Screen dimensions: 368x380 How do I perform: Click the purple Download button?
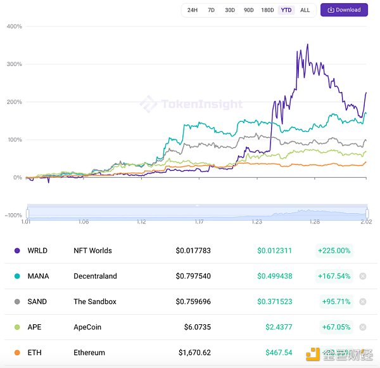pos(344,10)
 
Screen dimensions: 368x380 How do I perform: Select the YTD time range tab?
pos(286,10)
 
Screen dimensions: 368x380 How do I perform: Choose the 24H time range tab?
pos(193,10)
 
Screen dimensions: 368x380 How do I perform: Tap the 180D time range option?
pos(267,10)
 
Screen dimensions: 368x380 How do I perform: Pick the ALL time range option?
pos(305,10)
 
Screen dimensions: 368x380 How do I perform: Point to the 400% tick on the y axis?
pos(14,27)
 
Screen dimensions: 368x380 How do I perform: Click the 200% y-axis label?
pos(14,102)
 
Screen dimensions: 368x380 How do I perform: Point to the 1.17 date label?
pos(199,222)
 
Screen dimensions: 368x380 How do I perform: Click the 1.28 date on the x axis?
pos(314,222)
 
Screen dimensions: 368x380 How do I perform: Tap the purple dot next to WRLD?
pos(16,251)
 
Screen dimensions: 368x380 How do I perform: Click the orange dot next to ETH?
pos(16,352)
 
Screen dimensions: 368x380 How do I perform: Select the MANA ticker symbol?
pos(38,276)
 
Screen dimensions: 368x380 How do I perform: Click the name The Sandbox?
pos(95,301)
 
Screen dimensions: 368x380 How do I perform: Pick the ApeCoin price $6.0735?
pos(193,327)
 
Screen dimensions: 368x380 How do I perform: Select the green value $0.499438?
pos(274,276)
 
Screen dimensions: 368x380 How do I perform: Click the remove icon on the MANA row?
pos(362,276)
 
